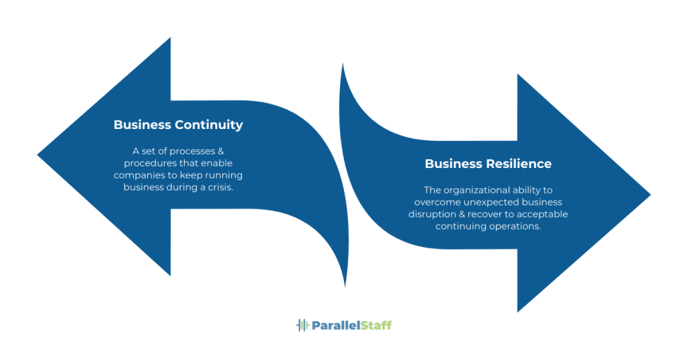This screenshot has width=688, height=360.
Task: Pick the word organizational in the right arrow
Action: pos(478,190)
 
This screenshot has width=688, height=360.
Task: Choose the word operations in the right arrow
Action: pos(516,226)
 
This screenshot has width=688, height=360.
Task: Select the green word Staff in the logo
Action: pos(376,325)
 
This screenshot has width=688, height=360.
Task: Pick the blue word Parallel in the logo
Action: pos(336,325)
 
